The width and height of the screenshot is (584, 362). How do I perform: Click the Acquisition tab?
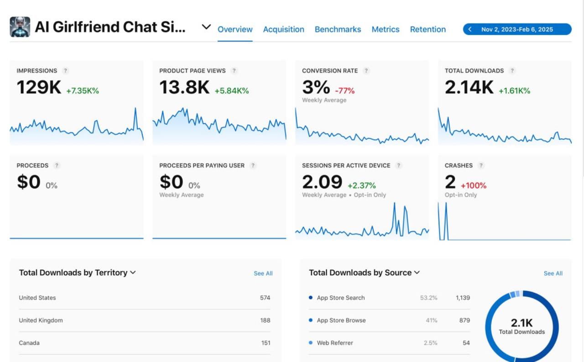283,29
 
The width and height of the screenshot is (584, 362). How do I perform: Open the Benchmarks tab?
338,29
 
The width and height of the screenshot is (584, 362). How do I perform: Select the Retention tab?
428,29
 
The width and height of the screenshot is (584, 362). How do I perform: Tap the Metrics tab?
385,29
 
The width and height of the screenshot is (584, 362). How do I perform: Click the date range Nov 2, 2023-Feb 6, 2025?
517,29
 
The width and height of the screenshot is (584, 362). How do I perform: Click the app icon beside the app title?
20,27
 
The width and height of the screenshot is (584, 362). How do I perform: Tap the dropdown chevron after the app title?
206,27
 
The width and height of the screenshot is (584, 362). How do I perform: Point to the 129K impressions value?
39,88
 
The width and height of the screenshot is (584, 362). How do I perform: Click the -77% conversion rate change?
344,91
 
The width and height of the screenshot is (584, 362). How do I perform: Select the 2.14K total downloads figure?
469,88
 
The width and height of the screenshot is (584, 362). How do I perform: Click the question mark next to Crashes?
481,165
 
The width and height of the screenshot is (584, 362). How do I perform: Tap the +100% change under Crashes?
474,186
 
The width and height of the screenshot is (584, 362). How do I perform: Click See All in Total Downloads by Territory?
263,273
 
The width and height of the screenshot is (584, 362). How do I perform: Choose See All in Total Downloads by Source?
553,273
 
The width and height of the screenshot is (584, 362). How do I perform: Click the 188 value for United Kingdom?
265,320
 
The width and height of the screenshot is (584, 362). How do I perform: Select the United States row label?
37,298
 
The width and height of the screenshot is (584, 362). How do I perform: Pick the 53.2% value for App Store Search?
428,298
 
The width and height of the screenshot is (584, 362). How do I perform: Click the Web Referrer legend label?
335,343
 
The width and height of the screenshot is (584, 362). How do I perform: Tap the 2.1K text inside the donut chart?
522,323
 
